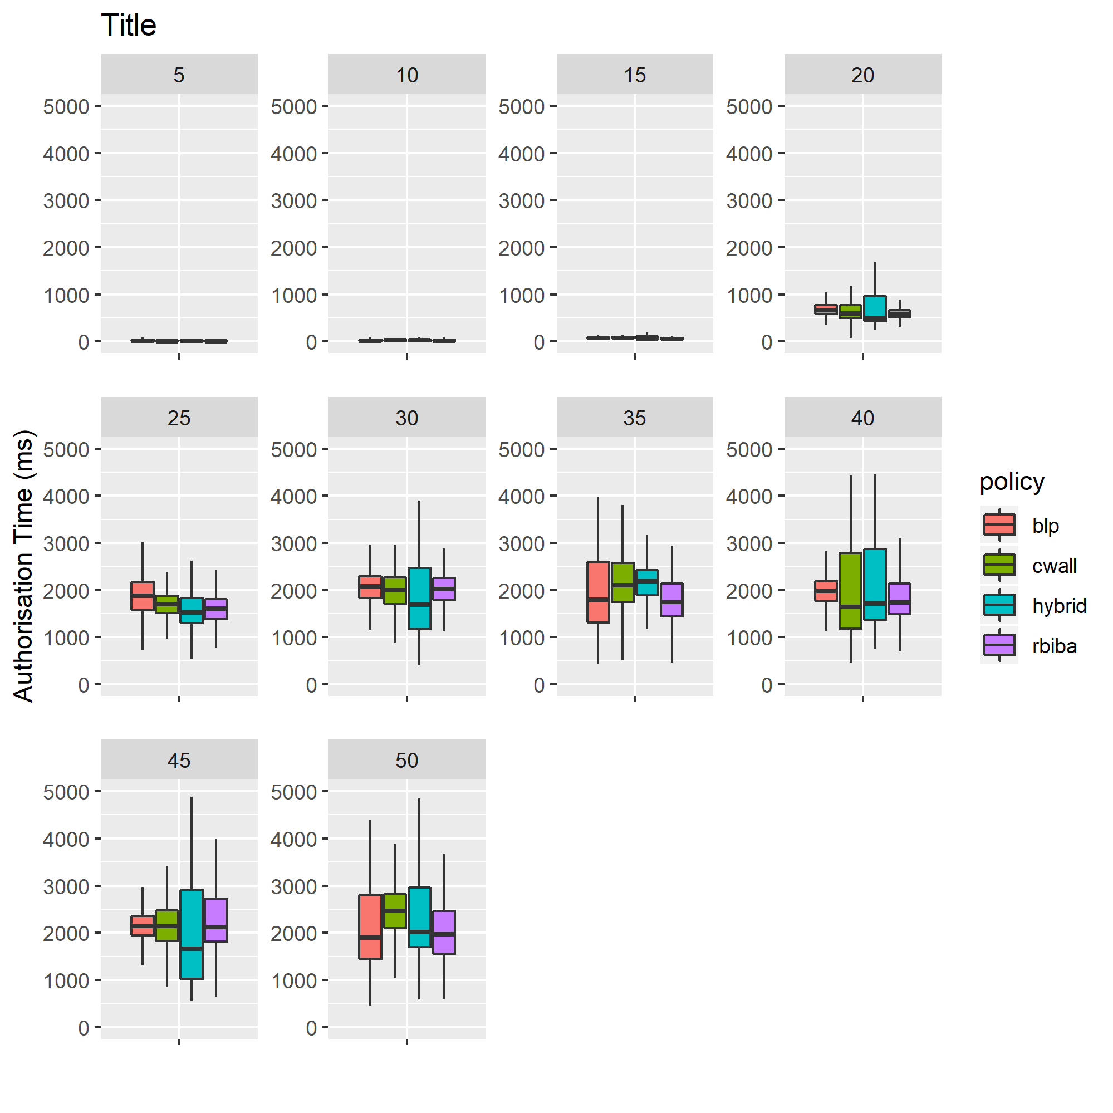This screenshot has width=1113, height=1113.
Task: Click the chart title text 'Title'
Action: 129,26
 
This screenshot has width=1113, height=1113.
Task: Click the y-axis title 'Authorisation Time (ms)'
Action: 23,566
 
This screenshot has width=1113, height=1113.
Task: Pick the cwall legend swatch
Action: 999,565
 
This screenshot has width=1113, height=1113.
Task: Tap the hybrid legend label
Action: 1059,606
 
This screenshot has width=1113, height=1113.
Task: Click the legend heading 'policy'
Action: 1012,482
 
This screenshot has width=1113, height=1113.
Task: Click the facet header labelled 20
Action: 862,75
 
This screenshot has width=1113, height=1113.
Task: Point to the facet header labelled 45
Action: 179,761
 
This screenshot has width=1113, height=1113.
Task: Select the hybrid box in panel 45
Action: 192,934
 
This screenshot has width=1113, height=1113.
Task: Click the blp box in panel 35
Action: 598,592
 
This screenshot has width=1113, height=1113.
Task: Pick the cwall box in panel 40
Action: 850,591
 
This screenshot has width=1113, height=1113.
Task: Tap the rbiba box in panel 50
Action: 444,932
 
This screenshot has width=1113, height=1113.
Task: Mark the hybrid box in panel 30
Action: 419,598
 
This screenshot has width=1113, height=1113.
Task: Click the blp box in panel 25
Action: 143,596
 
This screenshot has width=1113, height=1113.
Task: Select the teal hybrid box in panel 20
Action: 875,308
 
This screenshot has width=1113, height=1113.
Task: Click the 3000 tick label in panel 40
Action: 749,543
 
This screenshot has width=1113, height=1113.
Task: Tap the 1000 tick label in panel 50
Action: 294,981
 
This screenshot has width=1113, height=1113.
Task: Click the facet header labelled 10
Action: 406,75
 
